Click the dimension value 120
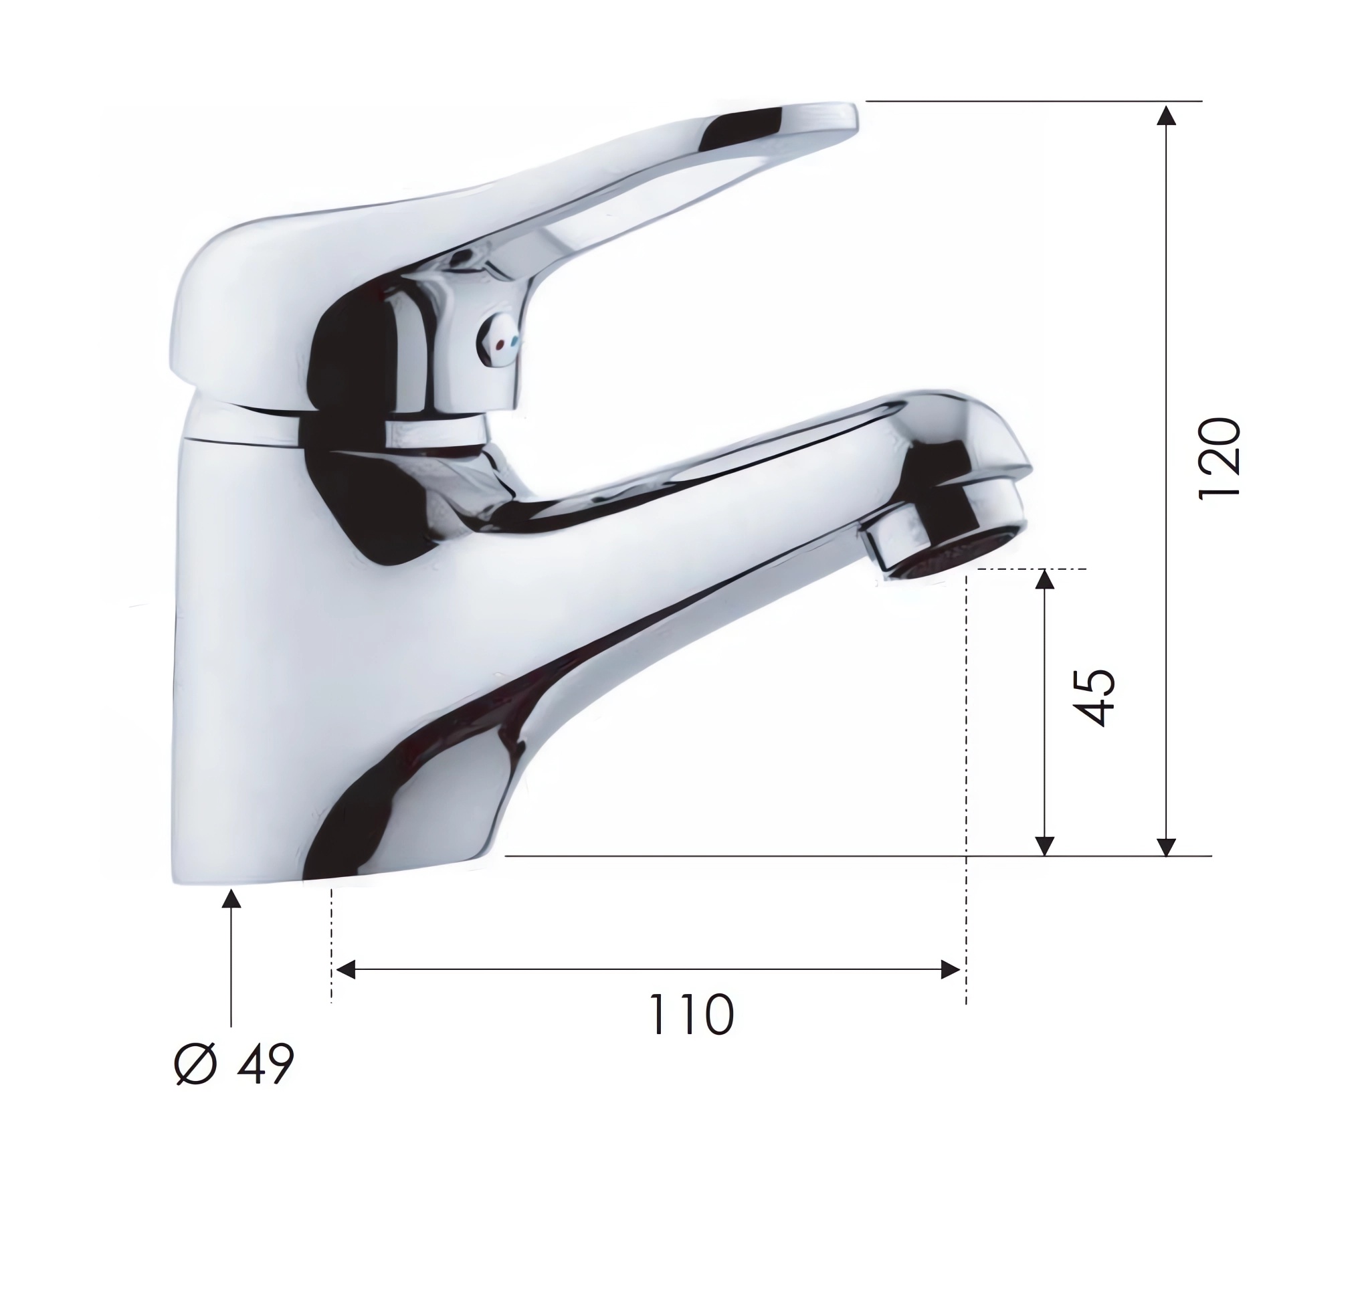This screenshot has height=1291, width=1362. (1219, 458)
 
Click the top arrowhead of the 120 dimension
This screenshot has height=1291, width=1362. (1166, 115)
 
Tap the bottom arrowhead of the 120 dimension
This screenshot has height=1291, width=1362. (1166, 847)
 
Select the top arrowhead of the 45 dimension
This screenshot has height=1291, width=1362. (1045, 579)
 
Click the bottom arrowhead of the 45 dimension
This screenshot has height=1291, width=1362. (1045, 847)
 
